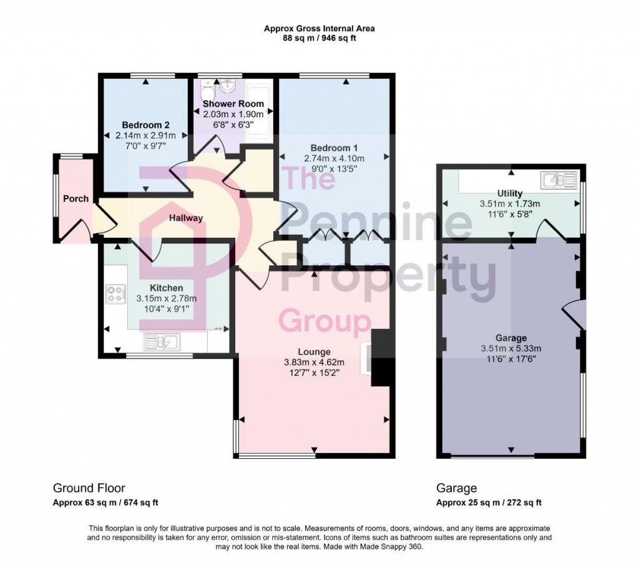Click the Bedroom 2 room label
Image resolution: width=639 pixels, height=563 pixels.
click(x=145, y=124)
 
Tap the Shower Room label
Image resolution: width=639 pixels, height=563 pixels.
click(x=233, y=104)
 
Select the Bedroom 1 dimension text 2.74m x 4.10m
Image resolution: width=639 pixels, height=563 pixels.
click(x=334, y=159)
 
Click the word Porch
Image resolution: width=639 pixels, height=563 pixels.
click(x=76, y=198)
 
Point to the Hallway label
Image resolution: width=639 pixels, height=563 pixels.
click(x=185, y=218)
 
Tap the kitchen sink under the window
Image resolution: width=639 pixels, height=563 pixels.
click(x=161, y=341)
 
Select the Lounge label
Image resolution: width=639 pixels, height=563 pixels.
click(x=315, y=351)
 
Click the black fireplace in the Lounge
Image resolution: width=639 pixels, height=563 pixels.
click(x=382, y=358)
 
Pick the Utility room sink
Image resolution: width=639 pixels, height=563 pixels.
click(x=559, y=181)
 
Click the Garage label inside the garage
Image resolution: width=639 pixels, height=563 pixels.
click(x=511, y=338)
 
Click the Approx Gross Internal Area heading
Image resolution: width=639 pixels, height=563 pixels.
click(x=319, y=28)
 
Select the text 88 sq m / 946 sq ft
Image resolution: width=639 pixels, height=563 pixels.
click(x=319, y=38)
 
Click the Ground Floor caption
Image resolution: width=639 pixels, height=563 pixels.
click(x=89, y=488)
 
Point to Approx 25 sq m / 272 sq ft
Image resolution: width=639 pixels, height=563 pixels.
click(x=489, y=502)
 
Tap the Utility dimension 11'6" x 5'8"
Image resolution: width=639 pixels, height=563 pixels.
click(x=510, y=214)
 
